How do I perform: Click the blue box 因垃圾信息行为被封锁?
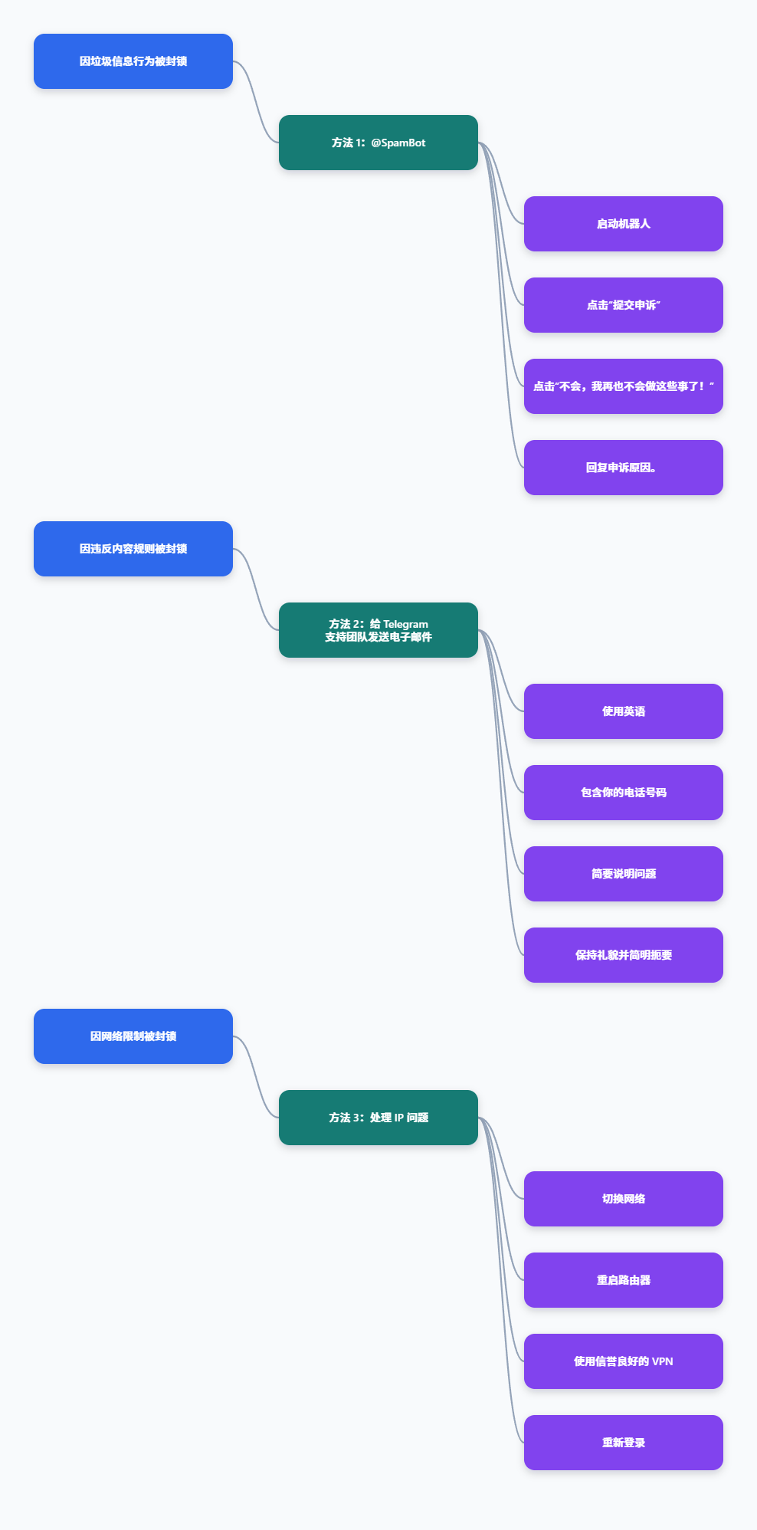pyautogui.click(x=133, y=61)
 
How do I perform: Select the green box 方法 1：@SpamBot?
pyautogui.click(x=378, y=143)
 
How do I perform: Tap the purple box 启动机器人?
pyautogui.click(x=624, y=224)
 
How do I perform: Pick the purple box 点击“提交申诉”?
pyautogui.click(x=624, y=305)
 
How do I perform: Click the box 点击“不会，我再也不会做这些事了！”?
pyautogui.click(x=624, y=386)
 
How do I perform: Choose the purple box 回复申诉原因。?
pyautogui.click(x=624, y=468)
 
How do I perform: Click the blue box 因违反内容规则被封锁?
pyautogui.click(x=133, y=549)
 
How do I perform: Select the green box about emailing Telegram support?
pyautogui.click(x=378, y=630)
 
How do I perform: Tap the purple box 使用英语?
pyautogui.click(x=624, y=711)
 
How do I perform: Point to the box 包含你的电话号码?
pyautogui.click(x=624, y=793)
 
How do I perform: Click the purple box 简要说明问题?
pyautogui.click(x=624, y=874)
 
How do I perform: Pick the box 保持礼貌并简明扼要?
pyautogui.click(x=624, y=955)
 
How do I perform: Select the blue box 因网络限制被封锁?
pyautogui.click(x=133, y=1036)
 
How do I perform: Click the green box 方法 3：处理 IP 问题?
pyautogui.click(x=378, y=1118)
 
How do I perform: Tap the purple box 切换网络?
pyautogui.click(x=624, y=1199)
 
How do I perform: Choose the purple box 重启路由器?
pyautogui.click(x=624, y=1280)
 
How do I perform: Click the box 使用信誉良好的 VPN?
pyautogui.click(x=624, y=1361)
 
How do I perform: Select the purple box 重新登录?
pyautogui.click(x=624, y=1443)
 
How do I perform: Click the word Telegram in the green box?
pyautogui.click(x=406, y=624)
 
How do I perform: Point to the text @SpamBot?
pyautogui.click(x=398, y=143)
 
